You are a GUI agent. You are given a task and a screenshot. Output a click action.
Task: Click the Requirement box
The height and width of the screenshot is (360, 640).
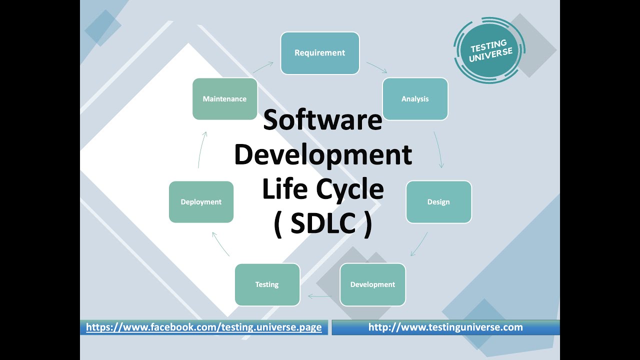click(x=320, y=53)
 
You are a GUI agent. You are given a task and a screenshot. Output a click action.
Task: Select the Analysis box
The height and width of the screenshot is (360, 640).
click(x=415, y=99)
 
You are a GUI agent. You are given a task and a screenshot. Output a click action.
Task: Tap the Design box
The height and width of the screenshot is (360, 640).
click(x=438, y=202)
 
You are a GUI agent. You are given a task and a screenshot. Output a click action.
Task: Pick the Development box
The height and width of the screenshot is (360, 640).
click(x=372, y=284)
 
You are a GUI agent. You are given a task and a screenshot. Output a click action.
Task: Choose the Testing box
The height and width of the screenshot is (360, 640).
click(x=267, y=284)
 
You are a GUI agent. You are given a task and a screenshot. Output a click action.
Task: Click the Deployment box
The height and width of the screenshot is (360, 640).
click(x=201, y=202)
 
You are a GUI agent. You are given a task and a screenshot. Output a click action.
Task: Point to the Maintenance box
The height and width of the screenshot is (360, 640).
click(x=224, y=99)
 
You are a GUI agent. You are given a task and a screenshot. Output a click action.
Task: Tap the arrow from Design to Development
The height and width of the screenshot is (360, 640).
click(x=419, y=244)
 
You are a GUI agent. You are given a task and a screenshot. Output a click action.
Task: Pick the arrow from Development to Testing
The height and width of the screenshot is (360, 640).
click(x=320, y=296)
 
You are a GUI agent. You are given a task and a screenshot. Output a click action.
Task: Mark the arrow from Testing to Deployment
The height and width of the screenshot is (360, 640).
click(x=220, y=244)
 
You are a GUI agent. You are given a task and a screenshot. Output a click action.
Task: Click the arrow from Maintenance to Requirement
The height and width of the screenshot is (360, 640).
click(x=263, y=67)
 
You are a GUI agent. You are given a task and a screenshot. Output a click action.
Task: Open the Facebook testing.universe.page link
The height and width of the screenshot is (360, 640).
click(x=203, y=327)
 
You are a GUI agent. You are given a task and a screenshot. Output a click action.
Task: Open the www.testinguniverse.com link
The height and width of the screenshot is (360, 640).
click(x=445, y=327)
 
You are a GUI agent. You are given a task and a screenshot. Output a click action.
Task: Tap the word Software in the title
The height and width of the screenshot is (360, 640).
click(x=322, y=120)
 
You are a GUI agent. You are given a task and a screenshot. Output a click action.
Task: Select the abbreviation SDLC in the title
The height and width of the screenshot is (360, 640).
click(x=323, y=223)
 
